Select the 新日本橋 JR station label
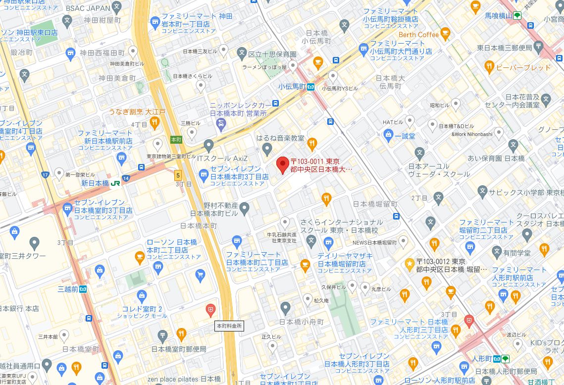pyautogui.click(x=95, y=183)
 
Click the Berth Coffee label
pyautogui.click(x=418, y=35)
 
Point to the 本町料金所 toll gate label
pyautogui.click(x=229, y=326)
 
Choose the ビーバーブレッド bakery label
pyautogui.click(x=523, y=67)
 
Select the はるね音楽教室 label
pyautogui.click(x=280, y=139)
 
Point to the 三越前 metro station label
pyautogui.click(x=68, y=288)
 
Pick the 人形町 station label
pyautogui.click(x=482, y=358)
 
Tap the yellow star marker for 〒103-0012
pyautogui.click(x=410, y=264)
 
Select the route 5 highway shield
pyautogui.click(x=178, y=175)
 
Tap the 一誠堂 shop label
pyautogui.click(x=405, y=135)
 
